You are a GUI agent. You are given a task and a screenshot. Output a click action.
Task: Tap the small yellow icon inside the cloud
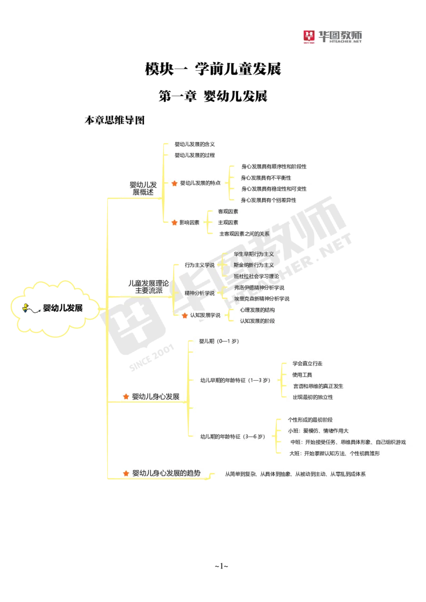point(25,307)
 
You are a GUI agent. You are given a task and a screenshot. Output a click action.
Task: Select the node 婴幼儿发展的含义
point(194,144)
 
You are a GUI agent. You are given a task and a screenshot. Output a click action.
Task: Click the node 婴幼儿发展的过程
point(194,155)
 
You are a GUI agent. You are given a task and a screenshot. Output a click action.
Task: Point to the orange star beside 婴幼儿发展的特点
point(174,183)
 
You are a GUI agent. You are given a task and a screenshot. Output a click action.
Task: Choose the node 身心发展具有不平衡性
point(269,178)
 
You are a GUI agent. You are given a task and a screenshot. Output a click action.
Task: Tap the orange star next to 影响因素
point(174,222)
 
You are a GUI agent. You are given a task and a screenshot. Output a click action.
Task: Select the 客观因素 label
point(228,212)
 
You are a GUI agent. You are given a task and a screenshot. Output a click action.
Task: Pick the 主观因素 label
point(228,222)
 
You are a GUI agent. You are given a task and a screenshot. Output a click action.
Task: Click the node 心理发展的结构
point(257,310)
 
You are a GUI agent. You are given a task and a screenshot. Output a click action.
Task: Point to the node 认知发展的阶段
point(257,321)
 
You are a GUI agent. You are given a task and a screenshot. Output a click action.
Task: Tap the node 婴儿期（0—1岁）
point(218,341)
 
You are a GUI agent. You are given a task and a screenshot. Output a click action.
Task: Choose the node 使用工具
point(302,375)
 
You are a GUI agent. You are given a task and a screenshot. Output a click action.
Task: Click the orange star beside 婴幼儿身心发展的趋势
point(126,473)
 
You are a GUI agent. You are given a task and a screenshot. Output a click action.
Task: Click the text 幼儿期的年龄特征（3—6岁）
point(233,437)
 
